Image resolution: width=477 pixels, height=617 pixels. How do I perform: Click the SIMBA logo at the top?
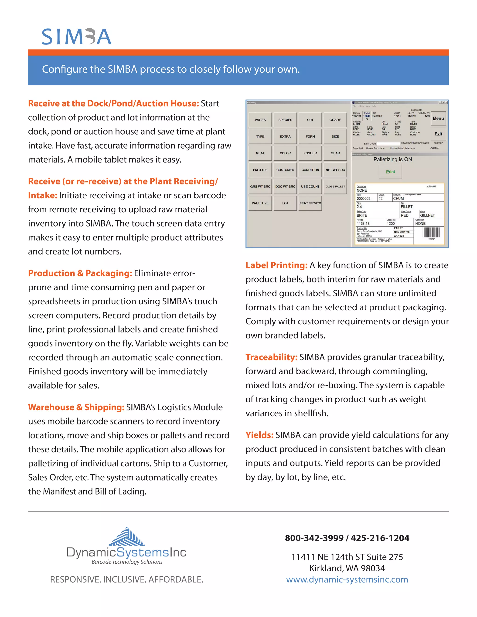click(77, 37)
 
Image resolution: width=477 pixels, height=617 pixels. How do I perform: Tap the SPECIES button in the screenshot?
click(285, 120)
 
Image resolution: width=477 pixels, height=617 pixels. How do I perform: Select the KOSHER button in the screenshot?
click(310, 153)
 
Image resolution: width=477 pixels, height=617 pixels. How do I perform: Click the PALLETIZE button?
click(260, 203)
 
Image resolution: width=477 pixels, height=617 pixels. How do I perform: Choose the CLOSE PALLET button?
click(335, 186)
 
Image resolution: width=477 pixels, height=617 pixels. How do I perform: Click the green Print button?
click(390, 172)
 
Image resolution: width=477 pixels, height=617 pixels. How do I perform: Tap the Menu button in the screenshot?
click(438, 118)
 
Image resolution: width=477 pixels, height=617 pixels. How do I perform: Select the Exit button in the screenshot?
click(438, 134)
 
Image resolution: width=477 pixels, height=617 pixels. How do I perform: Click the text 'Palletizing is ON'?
click(392, 159)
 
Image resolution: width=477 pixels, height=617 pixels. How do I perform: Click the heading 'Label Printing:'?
click(276, 265)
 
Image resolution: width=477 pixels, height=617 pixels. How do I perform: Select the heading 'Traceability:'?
click(271, 357)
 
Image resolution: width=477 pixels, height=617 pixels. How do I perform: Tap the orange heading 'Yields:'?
click(259, 435)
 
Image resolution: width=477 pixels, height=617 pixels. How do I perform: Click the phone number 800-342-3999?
click(314, 538)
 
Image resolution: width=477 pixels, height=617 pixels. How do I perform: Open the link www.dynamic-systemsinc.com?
click(347, 580)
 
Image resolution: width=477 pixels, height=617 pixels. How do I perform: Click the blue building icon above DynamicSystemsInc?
click(127, 537)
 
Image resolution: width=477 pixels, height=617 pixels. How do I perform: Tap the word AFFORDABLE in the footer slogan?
click(176, 580)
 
